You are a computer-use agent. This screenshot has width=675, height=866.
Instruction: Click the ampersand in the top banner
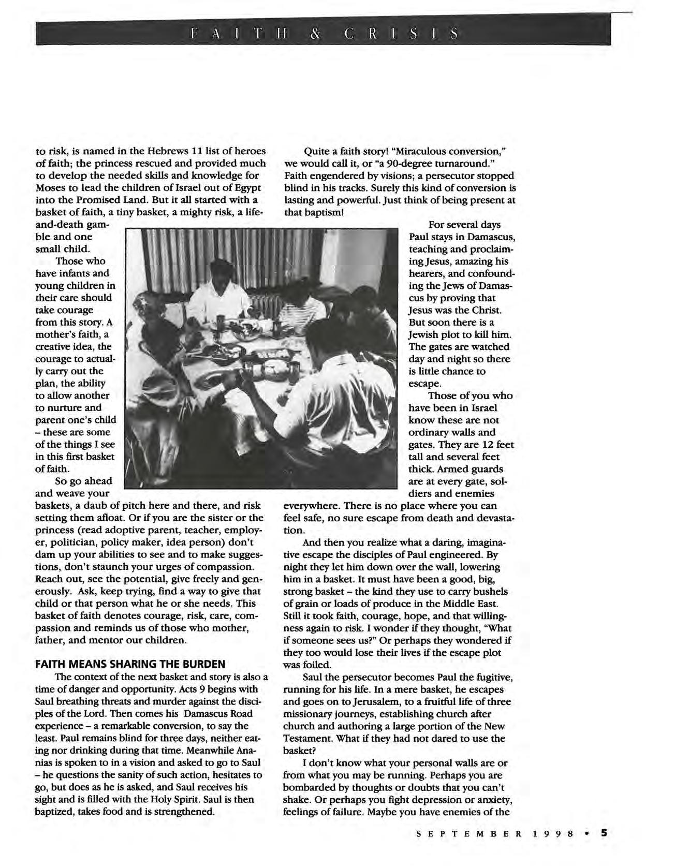click(315, 34)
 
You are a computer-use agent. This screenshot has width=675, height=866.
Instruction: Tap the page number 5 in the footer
click(604, 833)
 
